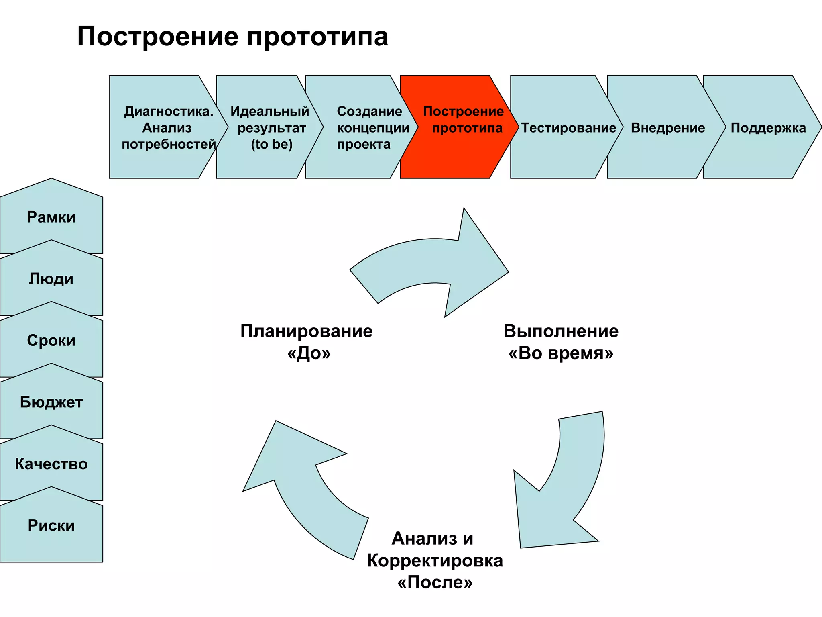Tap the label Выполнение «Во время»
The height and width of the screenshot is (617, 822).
[561, 342]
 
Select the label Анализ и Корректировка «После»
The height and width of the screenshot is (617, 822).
[435, 560]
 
